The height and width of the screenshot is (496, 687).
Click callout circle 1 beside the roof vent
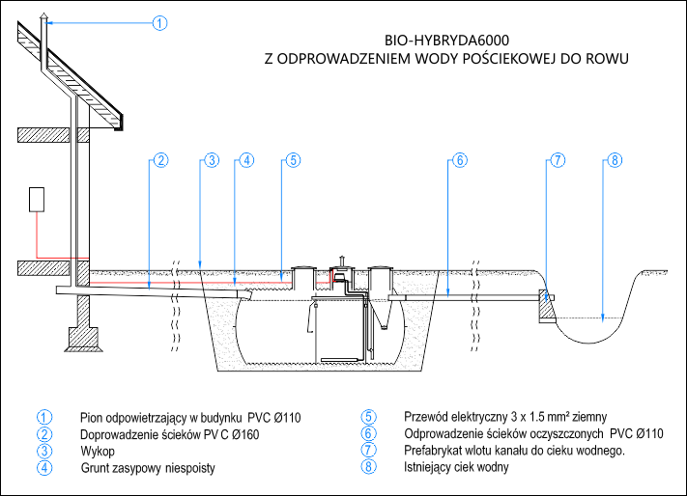160,22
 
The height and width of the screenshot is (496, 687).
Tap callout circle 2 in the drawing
160,160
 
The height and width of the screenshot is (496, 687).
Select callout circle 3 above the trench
212,160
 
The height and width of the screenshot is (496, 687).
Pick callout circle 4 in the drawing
246,160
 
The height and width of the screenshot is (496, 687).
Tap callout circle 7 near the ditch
557,160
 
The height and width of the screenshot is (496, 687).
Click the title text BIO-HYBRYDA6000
446,41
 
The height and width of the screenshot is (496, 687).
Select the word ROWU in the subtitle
608,58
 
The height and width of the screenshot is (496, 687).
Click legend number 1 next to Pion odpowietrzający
44,418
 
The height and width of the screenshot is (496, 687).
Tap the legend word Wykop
98,451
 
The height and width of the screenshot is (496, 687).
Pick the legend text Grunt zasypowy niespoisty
147,468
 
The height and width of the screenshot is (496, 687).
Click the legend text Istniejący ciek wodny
456,468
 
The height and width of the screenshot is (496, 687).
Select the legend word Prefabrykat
435,451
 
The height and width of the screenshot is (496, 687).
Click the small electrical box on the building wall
38,199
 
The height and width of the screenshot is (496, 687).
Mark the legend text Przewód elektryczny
444,418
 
